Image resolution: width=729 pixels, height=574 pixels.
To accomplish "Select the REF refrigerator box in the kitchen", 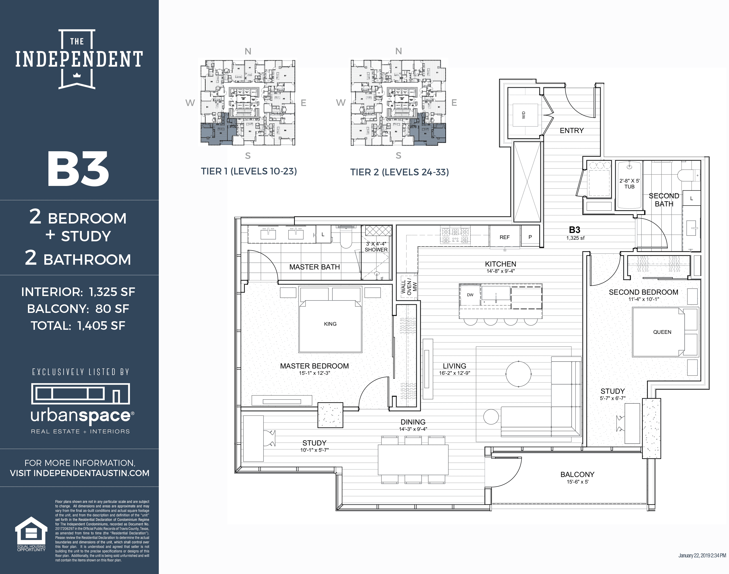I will pyautogui.click(x=504, y=237).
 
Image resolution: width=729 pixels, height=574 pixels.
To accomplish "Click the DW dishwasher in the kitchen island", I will pyautogui.click(x=470, y=295).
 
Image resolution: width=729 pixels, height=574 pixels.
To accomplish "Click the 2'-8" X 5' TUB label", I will pyautogui.click(x=629, y=183).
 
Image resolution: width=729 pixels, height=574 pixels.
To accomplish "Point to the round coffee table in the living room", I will pyautogui.click(x=518, y=374).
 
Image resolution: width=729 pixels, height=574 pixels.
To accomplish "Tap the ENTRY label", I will pyautogui.click(x=572, y=130).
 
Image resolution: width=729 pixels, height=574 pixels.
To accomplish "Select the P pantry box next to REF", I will pyautogui.click(x=530, y=237).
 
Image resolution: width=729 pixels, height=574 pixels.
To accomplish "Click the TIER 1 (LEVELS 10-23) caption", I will pyautogui.click(x=249, y=171).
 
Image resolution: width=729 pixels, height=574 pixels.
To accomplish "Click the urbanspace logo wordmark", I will pyautogui.click(x=81, y=416).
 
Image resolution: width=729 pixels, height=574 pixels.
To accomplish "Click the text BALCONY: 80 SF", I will pyautogui.click(x=78, y=309).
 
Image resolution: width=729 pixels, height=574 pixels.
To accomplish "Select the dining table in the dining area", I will pyautogui.click(x=413, y=459).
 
